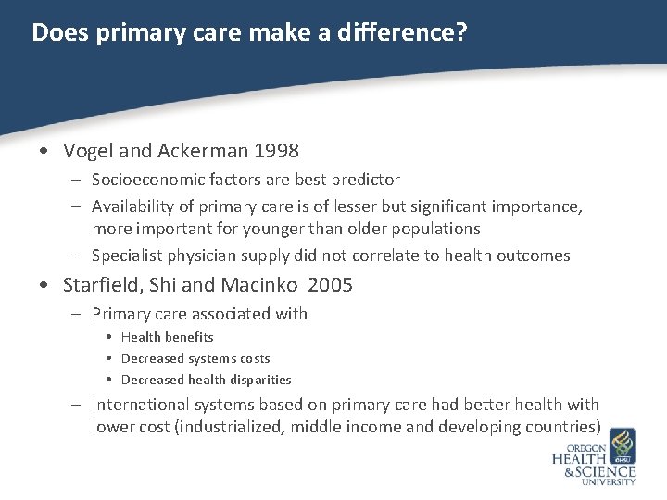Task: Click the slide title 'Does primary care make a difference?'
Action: coord(249,33)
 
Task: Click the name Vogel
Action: coord(86,150)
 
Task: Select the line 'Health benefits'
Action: coord(167,337)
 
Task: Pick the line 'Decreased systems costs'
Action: coord(195,358)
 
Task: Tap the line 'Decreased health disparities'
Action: coord(206,380)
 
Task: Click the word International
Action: coord(139,405)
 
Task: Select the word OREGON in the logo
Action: coord(581,447)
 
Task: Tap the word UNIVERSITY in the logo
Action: coord(607,481)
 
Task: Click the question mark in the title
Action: coord(460,33)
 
